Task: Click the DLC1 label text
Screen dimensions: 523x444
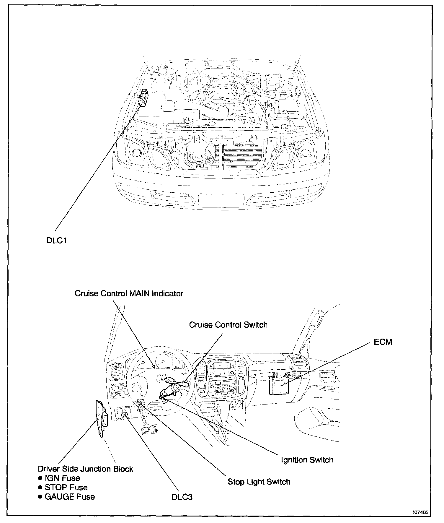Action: [x=56, y=241]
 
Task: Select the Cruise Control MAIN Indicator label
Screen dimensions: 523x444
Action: [x=129, y=293]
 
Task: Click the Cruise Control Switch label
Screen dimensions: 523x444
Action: [x=228, y=325]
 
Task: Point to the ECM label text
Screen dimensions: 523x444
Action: [x=383, y=342]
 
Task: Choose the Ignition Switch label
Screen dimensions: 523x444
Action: [x=307, y=460]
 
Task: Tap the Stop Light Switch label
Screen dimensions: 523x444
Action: [x=259, y=482]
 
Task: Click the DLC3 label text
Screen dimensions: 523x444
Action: [x=182, y=497]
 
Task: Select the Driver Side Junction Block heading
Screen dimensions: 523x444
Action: [x=86, y=469]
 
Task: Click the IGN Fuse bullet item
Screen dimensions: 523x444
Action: [x=62, y=478]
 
